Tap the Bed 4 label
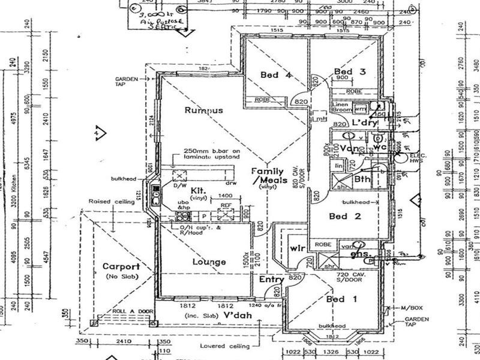point(276,75)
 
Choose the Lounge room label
point(209,262)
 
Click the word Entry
point(272,279)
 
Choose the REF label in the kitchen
point(226,205)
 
